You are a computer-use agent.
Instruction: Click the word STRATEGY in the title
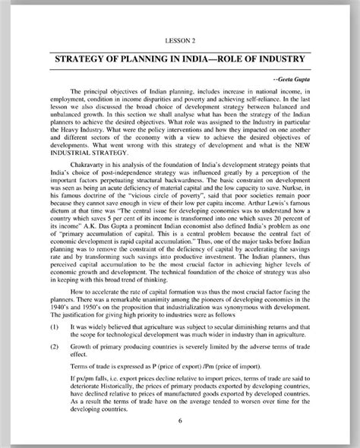click(85, 58)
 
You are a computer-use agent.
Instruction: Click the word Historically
click(112, 382)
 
